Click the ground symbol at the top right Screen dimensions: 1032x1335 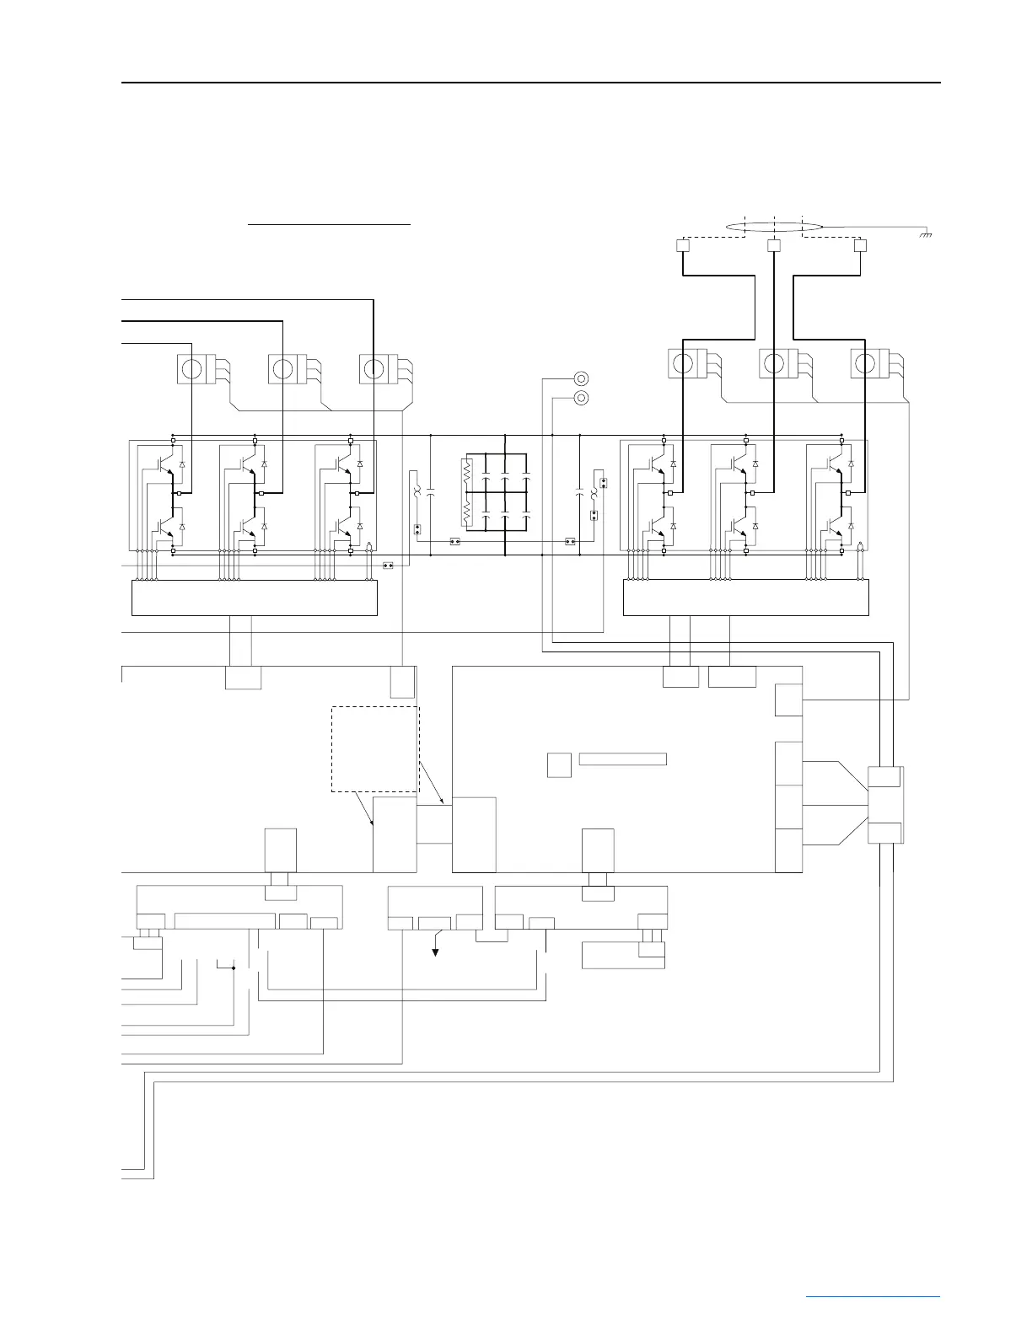click(926, 233)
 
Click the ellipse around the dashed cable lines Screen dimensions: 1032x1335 click(774, 226)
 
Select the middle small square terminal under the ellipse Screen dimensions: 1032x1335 click(774, 246)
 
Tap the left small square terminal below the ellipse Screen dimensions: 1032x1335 click(683, 246)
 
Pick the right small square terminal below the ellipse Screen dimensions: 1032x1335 click(860, 246)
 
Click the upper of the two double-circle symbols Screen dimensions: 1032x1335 click(580, 379)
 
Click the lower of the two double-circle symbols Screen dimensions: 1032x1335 click(580, 398)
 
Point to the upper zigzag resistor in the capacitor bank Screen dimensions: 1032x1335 click(467, 473)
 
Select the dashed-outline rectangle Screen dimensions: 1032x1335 click(375, 749)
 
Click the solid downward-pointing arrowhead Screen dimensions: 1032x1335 click(436, 952)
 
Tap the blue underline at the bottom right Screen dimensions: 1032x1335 click(873, 1295)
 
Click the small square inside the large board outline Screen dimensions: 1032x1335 click(559, 765)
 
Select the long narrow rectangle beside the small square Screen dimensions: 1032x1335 click(623, 759)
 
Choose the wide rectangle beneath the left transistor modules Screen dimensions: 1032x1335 click(255, 598)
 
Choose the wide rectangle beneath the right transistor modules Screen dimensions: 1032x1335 click(745, 598)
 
